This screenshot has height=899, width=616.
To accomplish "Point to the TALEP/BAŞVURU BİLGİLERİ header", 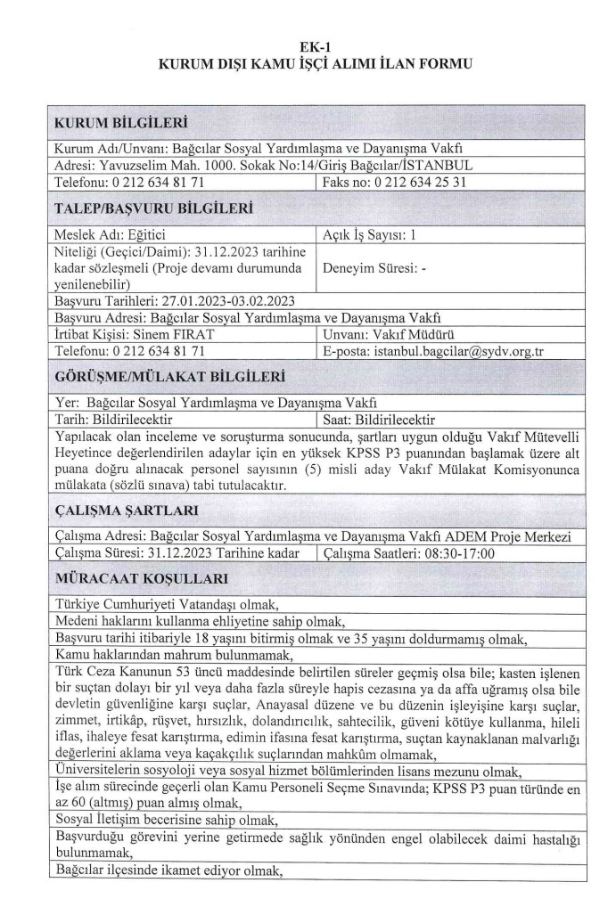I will point(152,209).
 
